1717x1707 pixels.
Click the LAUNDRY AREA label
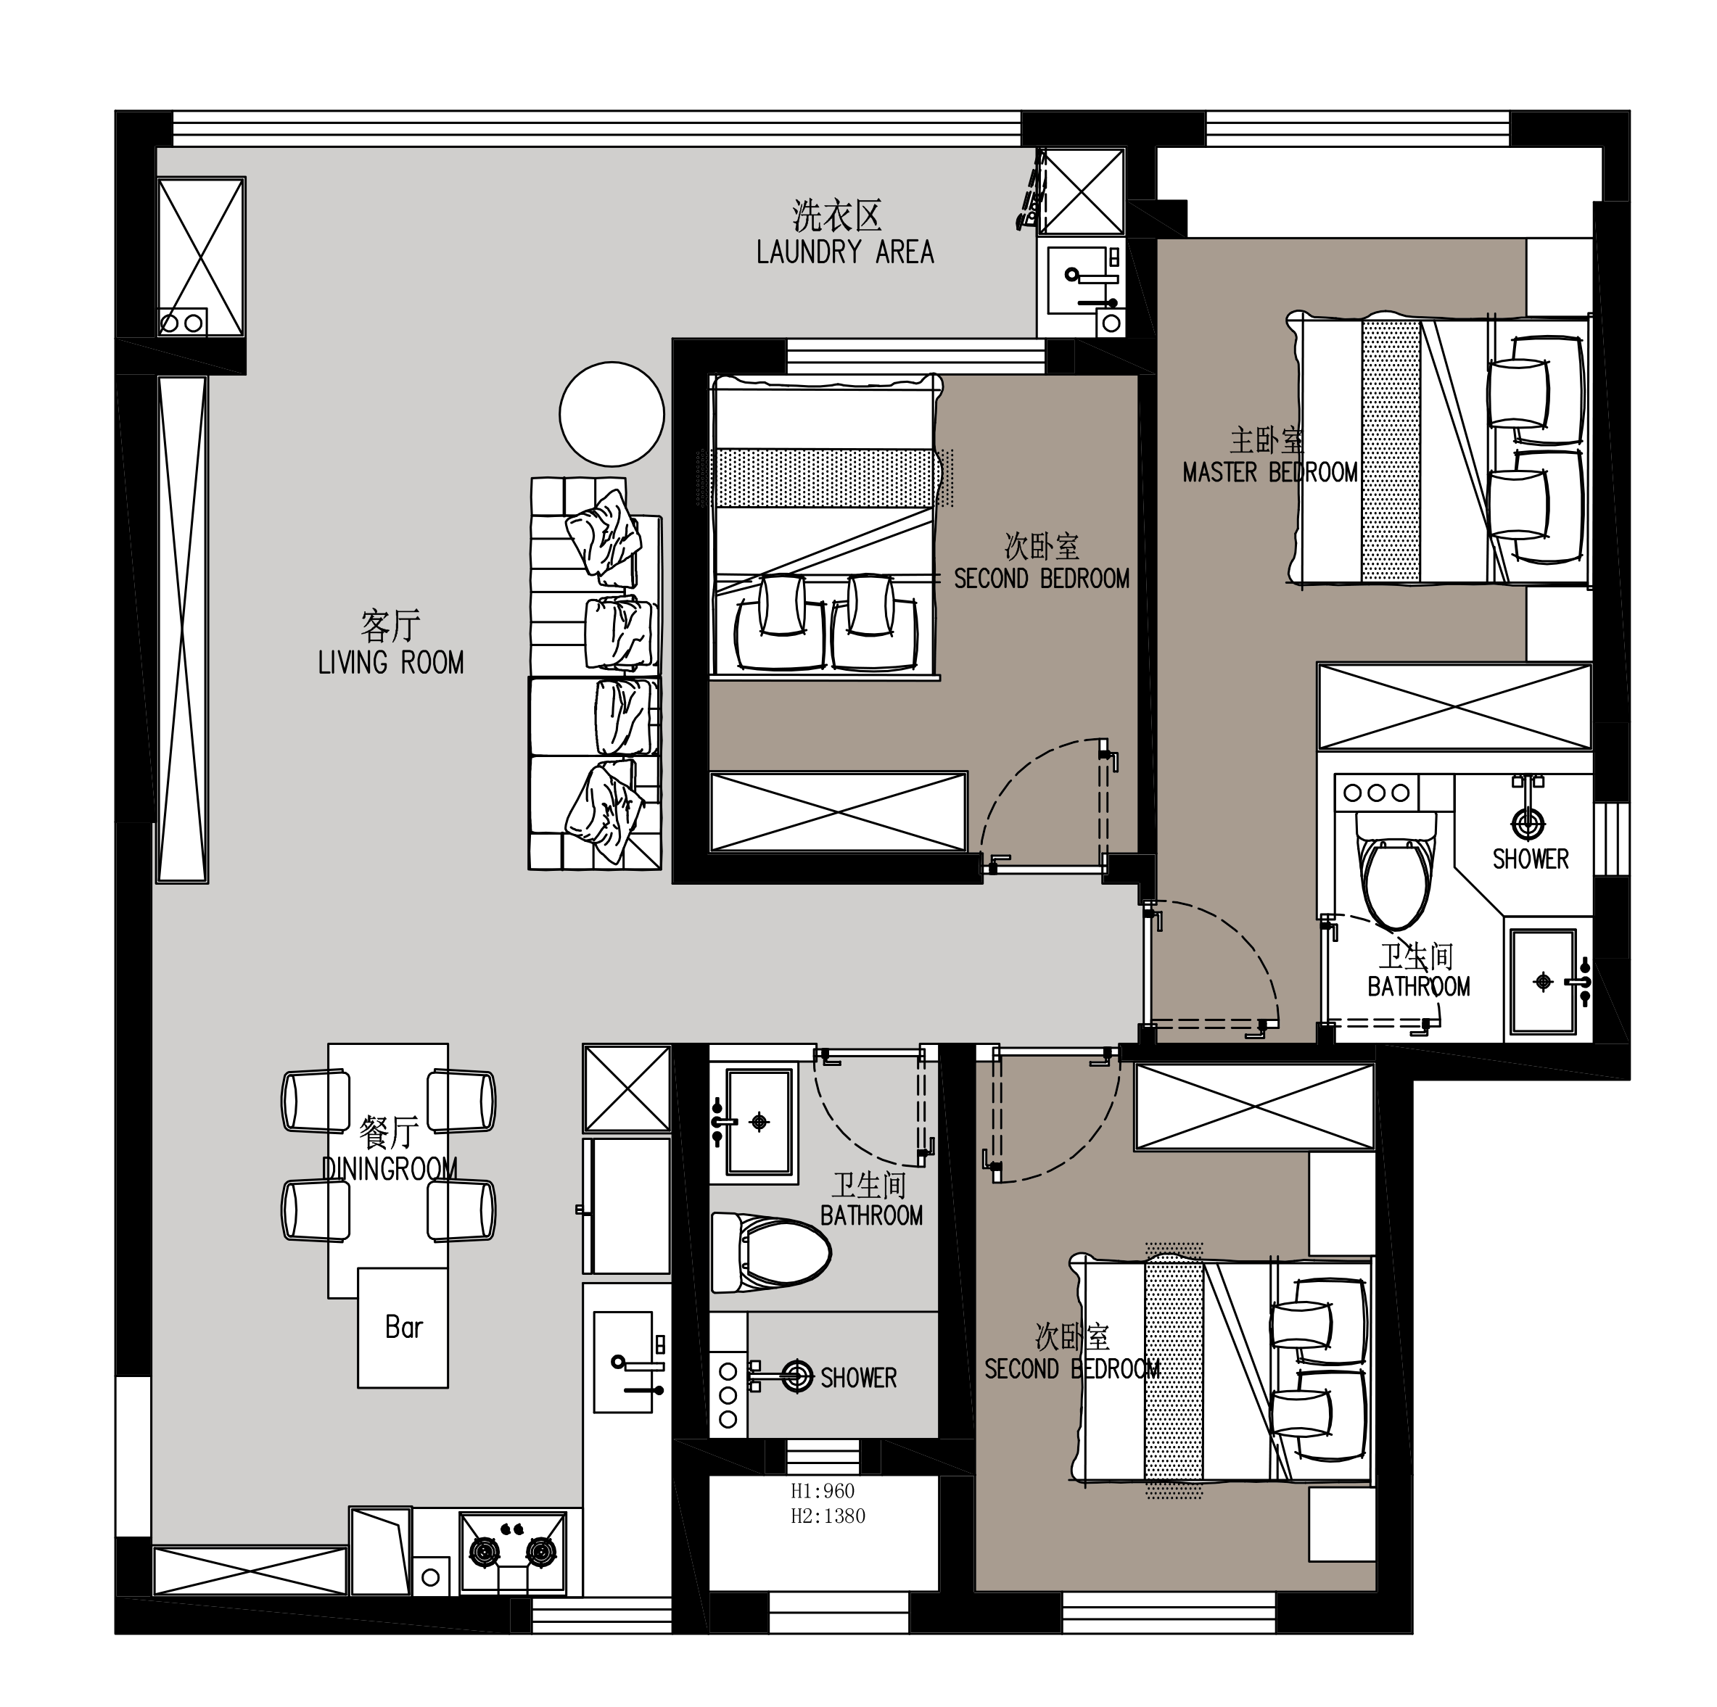point(845,252)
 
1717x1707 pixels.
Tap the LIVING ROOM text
point(391,663)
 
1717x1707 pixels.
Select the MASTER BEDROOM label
point(1270,472)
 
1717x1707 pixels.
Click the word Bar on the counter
point(403,1328)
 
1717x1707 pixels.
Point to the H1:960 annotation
point(823,1491)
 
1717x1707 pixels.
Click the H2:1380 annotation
point(828,1516)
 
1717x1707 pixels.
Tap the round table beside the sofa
point(612,414)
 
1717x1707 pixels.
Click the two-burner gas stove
point(513,1553)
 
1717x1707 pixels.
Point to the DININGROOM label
point(390,1168)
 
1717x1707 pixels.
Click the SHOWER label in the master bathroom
point(1531,859)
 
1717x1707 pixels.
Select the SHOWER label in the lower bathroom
point(859,1379)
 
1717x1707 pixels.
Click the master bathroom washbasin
point(1544,982)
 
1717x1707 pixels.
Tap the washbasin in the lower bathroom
point(759,1121)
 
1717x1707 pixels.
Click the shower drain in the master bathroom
point(1528,823)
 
